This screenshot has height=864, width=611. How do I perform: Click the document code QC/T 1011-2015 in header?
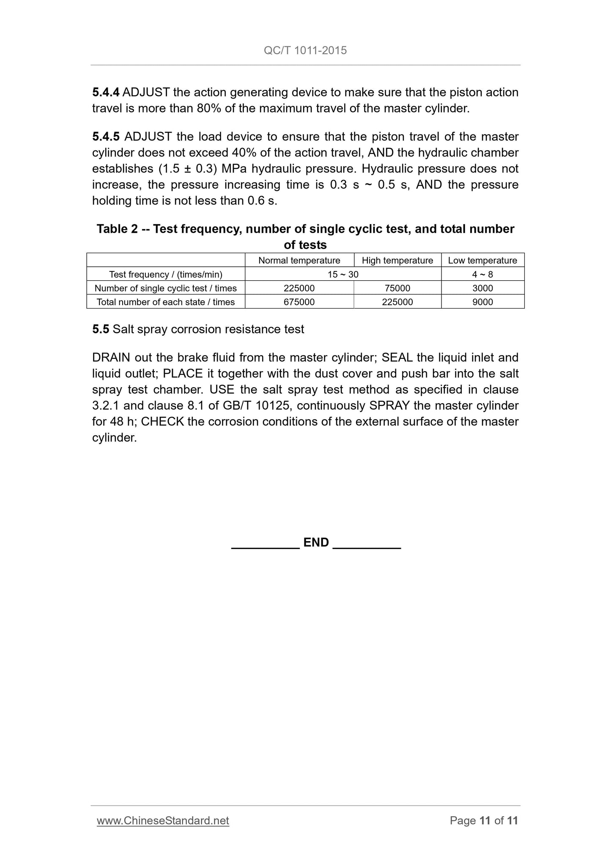(305, 50)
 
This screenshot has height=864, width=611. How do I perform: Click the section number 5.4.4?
(106, 92)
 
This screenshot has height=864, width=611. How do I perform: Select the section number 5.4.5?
(106, 137)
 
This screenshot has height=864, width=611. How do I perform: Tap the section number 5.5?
(101, 329)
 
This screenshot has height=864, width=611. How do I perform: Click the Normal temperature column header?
(299, 260)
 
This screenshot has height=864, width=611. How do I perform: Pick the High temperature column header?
(397, 260)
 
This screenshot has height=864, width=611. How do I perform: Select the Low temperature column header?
(482, 260)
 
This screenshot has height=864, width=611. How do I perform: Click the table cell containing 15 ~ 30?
(343, 274)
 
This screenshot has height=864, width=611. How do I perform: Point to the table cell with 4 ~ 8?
(482, 274)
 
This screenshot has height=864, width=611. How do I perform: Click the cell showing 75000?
(397, 288)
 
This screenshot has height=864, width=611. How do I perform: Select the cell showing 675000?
(299, 302)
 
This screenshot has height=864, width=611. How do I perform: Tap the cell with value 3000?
(482, 288)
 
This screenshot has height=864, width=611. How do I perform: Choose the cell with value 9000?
(482, 302)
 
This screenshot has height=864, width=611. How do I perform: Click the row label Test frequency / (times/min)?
(165, 274)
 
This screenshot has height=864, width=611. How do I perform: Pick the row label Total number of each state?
(165, 302)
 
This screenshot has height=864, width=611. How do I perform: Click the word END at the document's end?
(316, 542)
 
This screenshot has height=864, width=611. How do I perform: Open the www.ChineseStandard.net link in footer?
(163, 820)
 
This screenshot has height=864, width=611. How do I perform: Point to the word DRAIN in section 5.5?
(111, 358)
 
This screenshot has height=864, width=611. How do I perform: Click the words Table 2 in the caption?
(117, 229)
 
